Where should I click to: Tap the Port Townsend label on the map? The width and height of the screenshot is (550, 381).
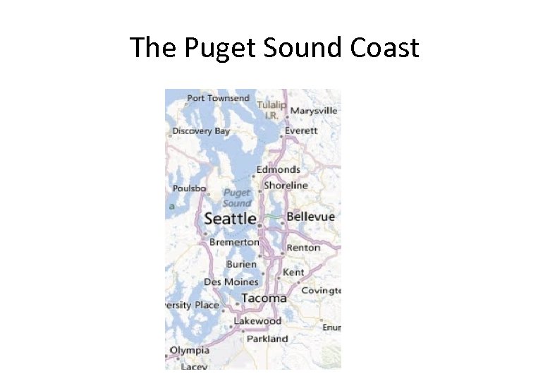click(x=218, y=98)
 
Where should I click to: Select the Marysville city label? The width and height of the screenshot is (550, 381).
click(x=314, y=111)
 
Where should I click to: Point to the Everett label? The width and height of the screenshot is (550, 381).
click(x=301, y=131)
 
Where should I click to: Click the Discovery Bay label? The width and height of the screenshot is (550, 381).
click(x=201, y=131)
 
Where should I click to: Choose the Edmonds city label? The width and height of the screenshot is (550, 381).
click(x=278, y=169)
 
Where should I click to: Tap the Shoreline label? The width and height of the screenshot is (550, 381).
click(x=286, y=185)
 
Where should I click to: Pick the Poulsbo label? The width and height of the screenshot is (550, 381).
click(x=189, y=188)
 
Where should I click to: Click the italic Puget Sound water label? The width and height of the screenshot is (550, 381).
click(x=236, y=198)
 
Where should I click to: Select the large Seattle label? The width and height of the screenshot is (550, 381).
click(x=230, y=219)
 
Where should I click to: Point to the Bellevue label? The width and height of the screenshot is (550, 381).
click(x=310, y=217)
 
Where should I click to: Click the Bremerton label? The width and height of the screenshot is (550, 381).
click(x=234, y=242)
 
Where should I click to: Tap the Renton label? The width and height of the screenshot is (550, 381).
click(x=303, y=248)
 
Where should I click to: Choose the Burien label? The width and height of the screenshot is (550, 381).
click(x=241, y=264)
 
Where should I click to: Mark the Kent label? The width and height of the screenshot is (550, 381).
click(x=293, y=272)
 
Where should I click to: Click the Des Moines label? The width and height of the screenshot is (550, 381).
click(x=231, y=282)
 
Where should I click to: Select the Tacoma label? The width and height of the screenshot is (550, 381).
click(x=264, y=298)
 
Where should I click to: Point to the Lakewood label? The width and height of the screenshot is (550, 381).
click(x=257, y=320)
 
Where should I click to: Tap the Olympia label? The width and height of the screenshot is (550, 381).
click(x=189, y=350)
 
